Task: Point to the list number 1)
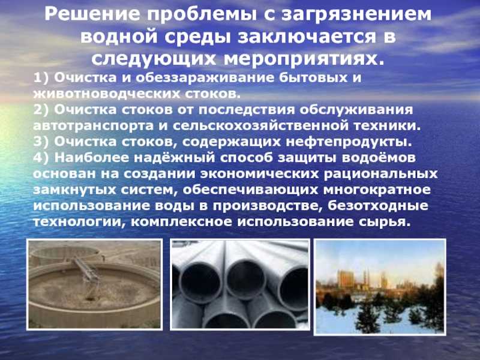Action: pyautogui.click(x=41, y=78)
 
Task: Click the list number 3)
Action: pyautogui.click(x=41, y=142)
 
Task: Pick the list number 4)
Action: pyautogui.click(x=41, y=158)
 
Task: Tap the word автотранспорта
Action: pyautogui.click(x=94, y=127)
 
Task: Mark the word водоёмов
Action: pyautogui.click(x=379, y=158)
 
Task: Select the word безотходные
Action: pyautogui.click(x=378, y=206)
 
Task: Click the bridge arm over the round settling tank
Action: pyautogui.click(x=86, y=270)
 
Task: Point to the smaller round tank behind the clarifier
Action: pyautogui.click(x=65, y=253)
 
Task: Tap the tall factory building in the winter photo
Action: pyautogui.click(x=346, y=278)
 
